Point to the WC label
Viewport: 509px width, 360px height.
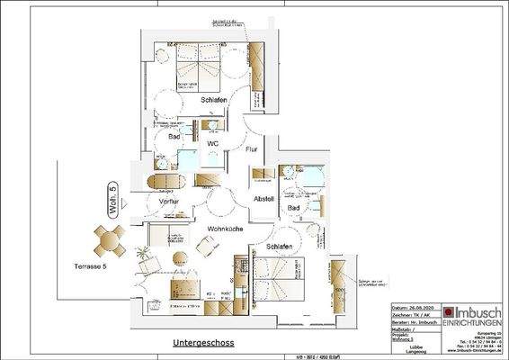point(213,143)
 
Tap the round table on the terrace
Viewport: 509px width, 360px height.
point(109,240)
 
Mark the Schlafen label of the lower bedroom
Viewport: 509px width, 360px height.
point(278,246)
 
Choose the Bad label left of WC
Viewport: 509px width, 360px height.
point(174,136)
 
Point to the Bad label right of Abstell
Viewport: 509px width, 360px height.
point(293,208)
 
